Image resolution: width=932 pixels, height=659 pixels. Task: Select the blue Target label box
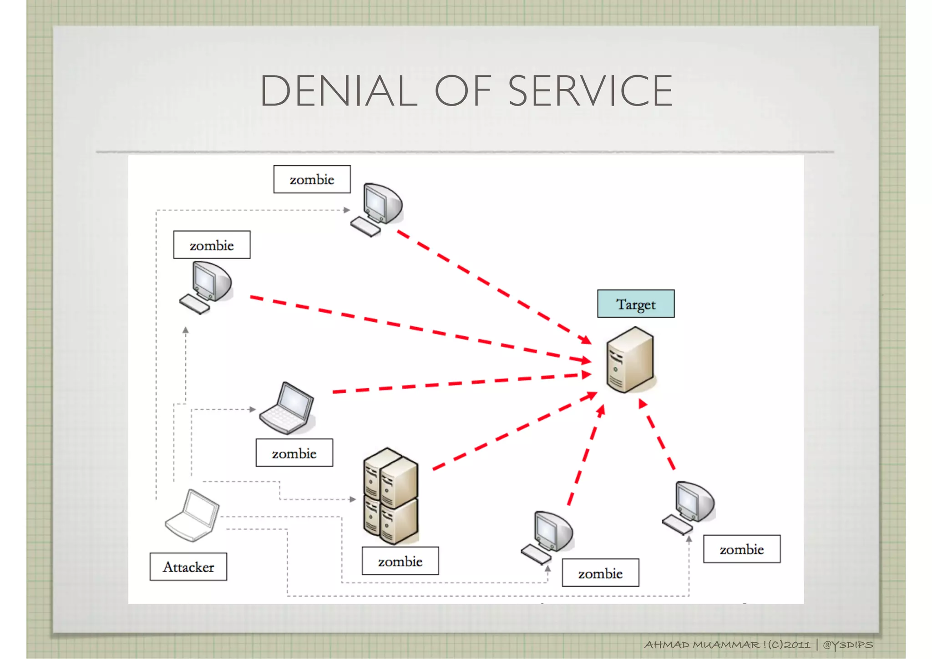636,304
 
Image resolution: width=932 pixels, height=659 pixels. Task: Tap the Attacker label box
188,567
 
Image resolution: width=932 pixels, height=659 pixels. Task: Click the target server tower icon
630,360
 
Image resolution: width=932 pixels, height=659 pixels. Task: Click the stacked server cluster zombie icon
390,496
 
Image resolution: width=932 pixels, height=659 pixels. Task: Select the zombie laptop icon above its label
287,408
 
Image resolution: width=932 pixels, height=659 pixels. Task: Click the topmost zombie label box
312,179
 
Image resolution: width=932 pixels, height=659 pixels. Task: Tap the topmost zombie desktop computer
378,208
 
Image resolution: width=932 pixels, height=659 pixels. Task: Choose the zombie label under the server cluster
400,561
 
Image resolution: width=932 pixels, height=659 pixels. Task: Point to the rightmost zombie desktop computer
689,507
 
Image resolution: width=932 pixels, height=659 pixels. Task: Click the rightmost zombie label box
741,549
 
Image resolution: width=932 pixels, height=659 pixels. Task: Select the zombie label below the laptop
294,453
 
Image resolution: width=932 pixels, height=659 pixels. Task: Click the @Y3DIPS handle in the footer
848,645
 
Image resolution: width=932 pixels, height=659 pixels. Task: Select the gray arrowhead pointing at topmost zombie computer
347,210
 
